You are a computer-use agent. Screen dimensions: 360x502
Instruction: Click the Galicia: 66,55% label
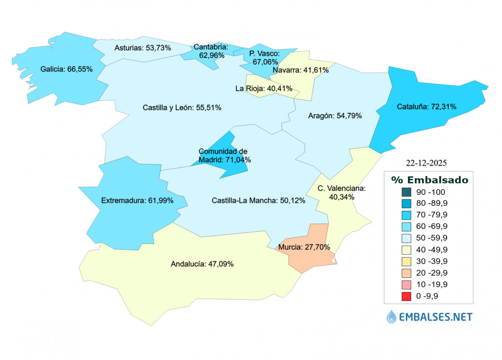[67, 69]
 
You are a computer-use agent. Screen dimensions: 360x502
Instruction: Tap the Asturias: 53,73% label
[142, 48]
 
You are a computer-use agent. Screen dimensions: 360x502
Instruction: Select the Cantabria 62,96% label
[211, 51]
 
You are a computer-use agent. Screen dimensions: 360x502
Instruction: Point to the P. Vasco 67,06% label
[264, 57]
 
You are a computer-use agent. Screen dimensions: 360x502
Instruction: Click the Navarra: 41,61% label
[300, 70]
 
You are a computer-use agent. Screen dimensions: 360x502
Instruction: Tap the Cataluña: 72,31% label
[426, 107]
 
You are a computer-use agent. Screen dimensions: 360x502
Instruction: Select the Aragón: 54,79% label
[335, 116]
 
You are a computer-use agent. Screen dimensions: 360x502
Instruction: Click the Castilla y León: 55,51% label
[182, 108]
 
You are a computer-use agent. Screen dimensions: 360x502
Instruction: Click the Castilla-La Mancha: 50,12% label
[258, 200]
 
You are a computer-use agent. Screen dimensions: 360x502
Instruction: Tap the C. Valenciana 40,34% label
[342, 192]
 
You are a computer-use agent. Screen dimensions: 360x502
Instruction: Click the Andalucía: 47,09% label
[202, 264]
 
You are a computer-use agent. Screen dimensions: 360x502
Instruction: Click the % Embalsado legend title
[430, 180]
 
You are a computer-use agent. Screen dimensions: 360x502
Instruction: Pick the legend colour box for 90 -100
[406, 192]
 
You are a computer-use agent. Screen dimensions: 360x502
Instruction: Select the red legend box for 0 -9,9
[406, 296]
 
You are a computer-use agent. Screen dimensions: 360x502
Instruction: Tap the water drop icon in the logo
[391, 316]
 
